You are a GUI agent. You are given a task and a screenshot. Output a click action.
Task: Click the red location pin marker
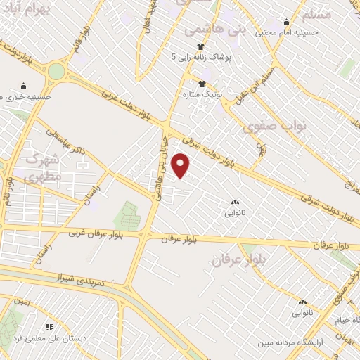pos(181,165)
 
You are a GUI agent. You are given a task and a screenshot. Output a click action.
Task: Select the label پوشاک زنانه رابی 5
pos(205,58)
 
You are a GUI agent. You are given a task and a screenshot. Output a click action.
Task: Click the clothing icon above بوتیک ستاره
pos(202,83)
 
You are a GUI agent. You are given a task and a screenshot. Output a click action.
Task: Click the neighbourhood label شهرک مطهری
pos(37,169)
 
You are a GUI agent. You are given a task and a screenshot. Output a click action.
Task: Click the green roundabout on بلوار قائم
pos(57,71)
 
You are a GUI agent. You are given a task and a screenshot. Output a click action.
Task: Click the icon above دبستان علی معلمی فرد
pos(49,327)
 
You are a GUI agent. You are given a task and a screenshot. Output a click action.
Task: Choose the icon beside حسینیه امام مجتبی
pos(285,22)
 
